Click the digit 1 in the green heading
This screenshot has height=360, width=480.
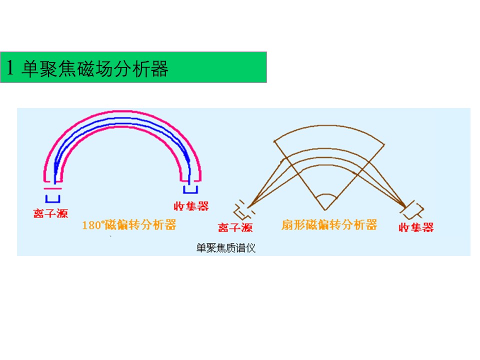click(10, 67)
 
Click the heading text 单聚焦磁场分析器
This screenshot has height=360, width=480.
click(95, 68)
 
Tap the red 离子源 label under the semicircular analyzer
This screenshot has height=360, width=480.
click(50, 213)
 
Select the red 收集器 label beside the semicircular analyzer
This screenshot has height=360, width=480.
click(191, 206)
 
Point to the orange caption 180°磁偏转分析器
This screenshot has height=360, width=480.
click(129, 225)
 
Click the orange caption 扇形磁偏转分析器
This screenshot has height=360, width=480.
click(329, 224)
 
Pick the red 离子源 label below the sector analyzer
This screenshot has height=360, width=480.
click(235, 227)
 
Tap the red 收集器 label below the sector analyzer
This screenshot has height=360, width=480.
click(416, 227)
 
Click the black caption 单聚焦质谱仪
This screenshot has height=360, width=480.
click(226, 248)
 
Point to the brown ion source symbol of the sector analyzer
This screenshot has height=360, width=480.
click(243, 210)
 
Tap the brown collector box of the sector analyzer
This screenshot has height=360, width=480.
click(413, 209)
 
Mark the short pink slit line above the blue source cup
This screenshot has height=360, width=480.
click(52, 188)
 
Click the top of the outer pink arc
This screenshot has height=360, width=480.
click(122, 111)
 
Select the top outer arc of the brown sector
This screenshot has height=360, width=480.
click(329, 125)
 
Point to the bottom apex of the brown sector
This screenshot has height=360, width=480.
click(325, 210)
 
